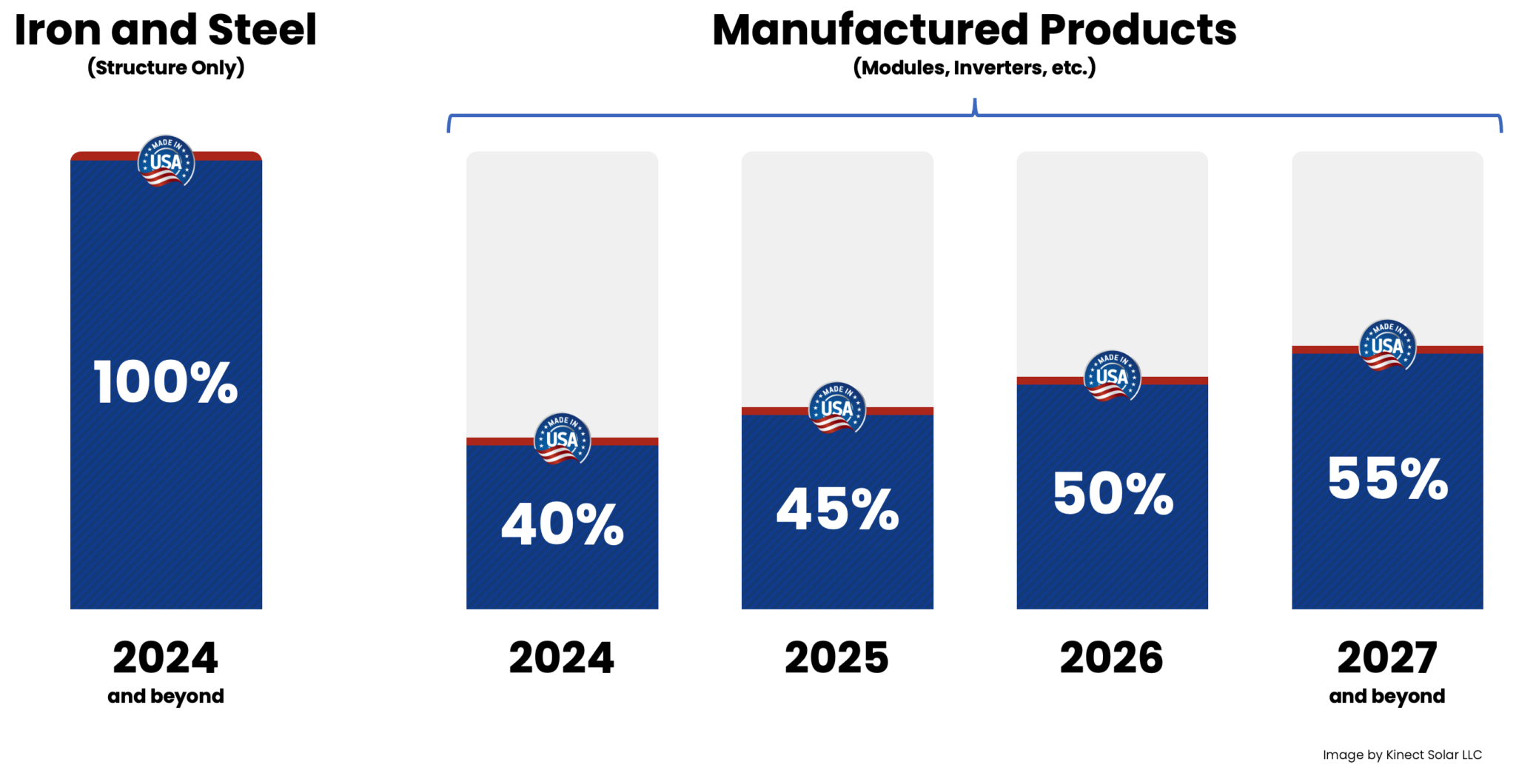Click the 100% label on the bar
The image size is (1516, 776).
click(x=166, y=382)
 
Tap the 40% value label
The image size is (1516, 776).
click(x=563, y=524)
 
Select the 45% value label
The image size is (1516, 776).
click(x=837, y=509)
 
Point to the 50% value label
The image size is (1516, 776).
click(x=1113, y=493)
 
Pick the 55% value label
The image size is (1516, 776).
click(x=1387, y=478)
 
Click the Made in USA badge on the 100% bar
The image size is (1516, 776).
click(x=166, y=161)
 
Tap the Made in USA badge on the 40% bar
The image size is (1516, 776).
click(x=563, y=438)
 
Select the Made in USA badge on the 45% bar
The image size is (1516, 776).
click(x=837, y=408)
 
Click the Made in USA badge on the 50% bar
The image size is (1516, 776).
click(x=1112, y=376)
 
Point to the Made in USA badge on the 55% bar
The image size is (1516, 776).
click(x=1387, y=346)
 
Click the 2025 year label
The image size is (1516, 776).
click(x=837, y=658)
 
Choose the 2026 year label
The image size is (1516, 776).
click(x=1112, y=658)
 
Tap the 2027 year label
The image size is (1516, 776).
click(x=1387, y=658)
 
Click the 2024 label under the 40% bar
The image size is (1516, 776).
click(x=562, y=658)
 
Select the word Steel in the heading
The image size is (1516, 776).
click(x=262, y=30)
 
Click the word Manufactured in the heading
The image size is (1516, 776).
click(x=870, y=30)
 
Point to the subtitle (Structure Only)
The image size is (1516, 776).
click(x=166, y=67)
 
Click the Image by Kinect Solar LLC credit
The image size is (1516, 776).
click(x=1402, y=755)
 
